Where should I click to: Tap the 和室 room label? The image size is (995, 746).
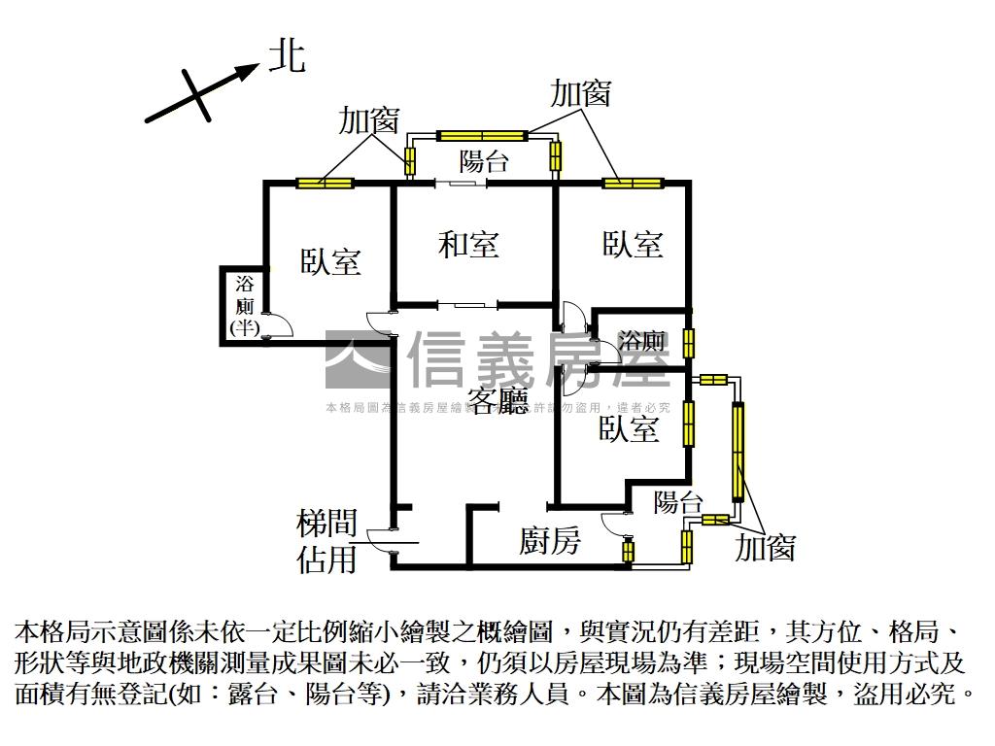pyautogui.click(x=469, y=244)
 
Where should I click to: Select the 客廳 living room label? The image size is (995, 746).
pyautogui.click(x=498, y=400)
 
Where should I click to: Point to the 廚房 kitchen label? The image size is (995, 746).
pyautogui.click(x=550, y=540)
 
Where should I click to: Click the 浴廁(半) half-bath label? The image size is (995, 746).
pyautogui.click(x=244, y=306)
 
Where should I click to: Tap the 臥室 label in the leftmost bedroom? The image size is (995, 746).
pyautogui.click(x=330, y=261)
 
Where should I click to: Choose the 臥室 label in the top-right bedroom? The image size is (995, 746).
pyautogui.click(x=633, y=244)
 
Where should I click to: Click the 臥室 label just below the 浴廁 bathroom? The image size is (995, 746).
pyautogui.click(x=629, y=428)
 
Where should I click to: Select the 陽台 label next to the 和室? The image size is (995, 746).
pyautogui.click(x=484, y=160)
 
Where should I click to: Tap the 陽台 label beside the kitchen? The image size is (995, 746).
pyautogui.click(x=678, y=502)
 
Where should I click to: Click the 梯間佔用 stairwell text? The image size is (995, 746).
pyautogui.click(x=326, y=542)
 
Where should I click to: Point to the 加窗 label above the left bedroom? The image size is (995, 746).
pyautogui.click(x=368, y=120)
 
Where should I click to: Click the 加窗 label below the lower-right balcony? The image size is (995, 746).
pyautogui.click(x=765, y=548)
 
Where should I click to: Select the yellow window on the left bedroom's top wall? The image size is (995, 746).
pyautogui.click(x=325, y=183)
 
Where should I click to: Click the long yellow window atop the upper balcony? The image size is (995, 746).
pyautogui.click(x=482, y=135)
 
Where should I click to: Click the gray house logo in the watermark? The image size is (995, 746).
pyautogui.click(x=358, y=359)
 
